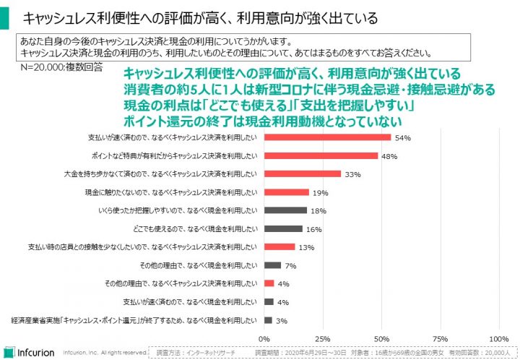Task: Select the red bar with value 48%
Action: (x=321, y=155)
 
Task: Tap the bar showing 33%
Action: (x=303, y=173)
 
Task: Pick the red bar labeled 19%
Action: (x=287, y=192)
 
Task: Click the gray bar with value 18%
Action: (x=285, y=210)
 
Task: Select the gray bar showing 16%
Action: (x=283, y=228)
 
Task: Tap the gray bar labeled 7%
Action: (x=272, y=265)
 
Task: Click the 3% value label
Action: (x=282, y=320)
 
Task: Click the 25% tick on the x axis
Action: (x=323, y=338)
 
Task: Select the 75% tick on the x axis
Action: (x=440, y=338)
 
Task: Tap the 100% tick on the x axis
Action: (x=498, y=338)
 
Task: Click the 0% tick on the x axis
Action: (x=264, y=338)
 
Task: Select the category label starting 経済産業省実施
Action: (x=134, y=320)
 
